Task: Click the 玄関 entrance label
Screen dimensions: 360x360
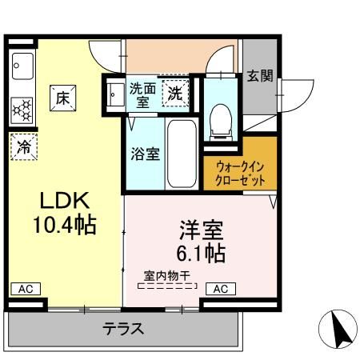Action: pyautogui.click(x=259, y=77)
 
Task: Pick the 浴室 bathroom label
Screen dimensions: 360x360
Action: pyautogui.click(x=145, y=153)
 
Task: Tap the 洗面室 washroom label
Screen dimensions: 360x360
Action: pyautogui.click(x=144, y=95)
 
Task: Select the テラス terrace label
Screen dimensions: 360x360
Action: pyautogui.click(x=123, y=328)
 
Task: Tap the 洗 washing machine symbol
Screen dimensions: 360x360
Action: pyautogui.click(x=175, y=94)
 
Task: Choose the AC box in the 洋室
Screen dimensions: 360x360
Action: pyautogui.click(x=220, y=288)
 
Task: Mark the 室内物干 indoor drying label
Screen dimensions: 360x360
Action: pyautogui.click(x=166, y=276)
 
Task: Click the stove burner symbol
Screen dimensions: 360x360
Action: pyautogui.click(x=22, y=107)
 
